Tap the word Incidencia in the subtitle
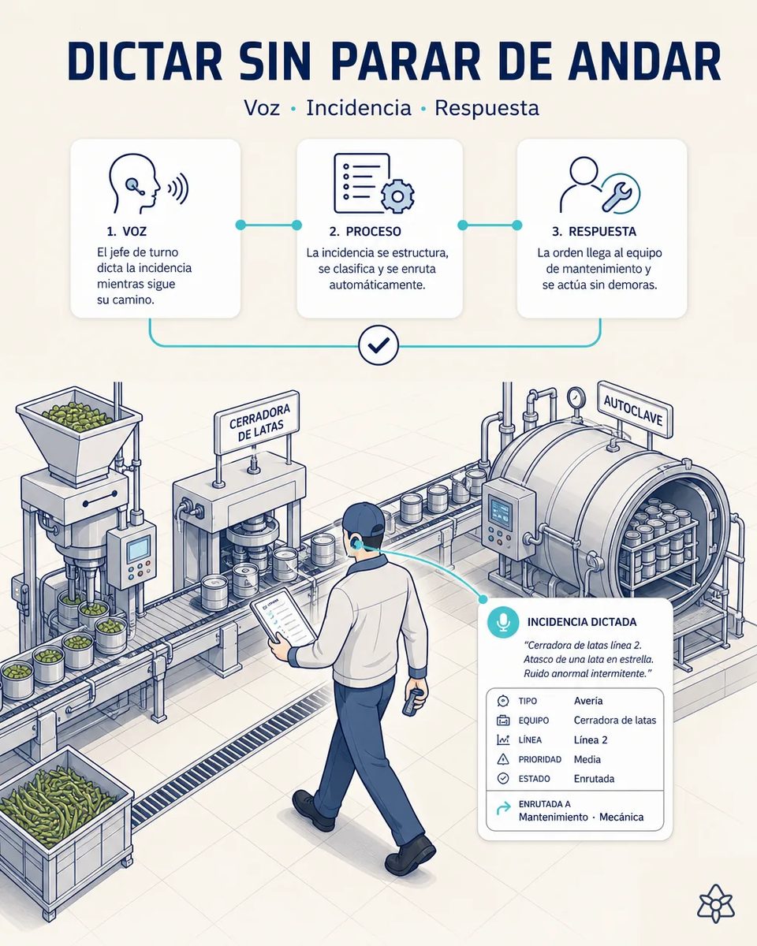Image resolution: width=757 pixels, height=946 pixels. pyautogui.click(x=359, y=108)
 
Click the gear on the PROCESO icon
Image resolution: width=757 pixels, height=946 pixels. pyautogui.click(x=397, y=196)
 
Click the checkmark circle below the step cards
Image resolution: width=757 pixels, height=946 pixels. pyautogui.click(x=378, y=345)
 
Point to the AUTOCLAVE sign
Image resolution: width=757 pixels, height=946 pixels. pyautogui.click(x=634, y=410)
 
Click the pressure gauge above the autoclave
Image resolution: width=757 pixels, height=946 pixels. pyautogui.click(x=575, y=398)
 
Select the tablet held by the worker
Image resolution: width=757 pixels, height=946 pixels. pyautogui.click(x=283, y=616)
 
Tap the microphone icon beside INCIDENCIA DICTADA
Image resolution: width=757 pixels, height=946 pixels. pyautogui.click(x=503, y=621)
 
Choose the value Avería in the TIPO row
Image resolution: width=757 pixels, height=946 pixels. pyautogui.click(x=588, y=701)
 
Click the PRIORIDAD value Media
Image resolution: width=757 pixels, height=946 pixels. pyautogui.click(x=587, y=759)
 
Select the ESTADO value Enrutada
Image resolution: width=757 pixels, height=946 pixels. pyautogui.click(x=594, y=779)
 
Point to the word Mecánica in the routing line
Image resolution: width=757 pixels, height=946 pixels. pyautogui.click(x=621, y=817)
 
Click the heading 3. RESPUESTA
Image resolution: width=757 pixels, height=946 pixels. pyautogui.click(x=594, y=232)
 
